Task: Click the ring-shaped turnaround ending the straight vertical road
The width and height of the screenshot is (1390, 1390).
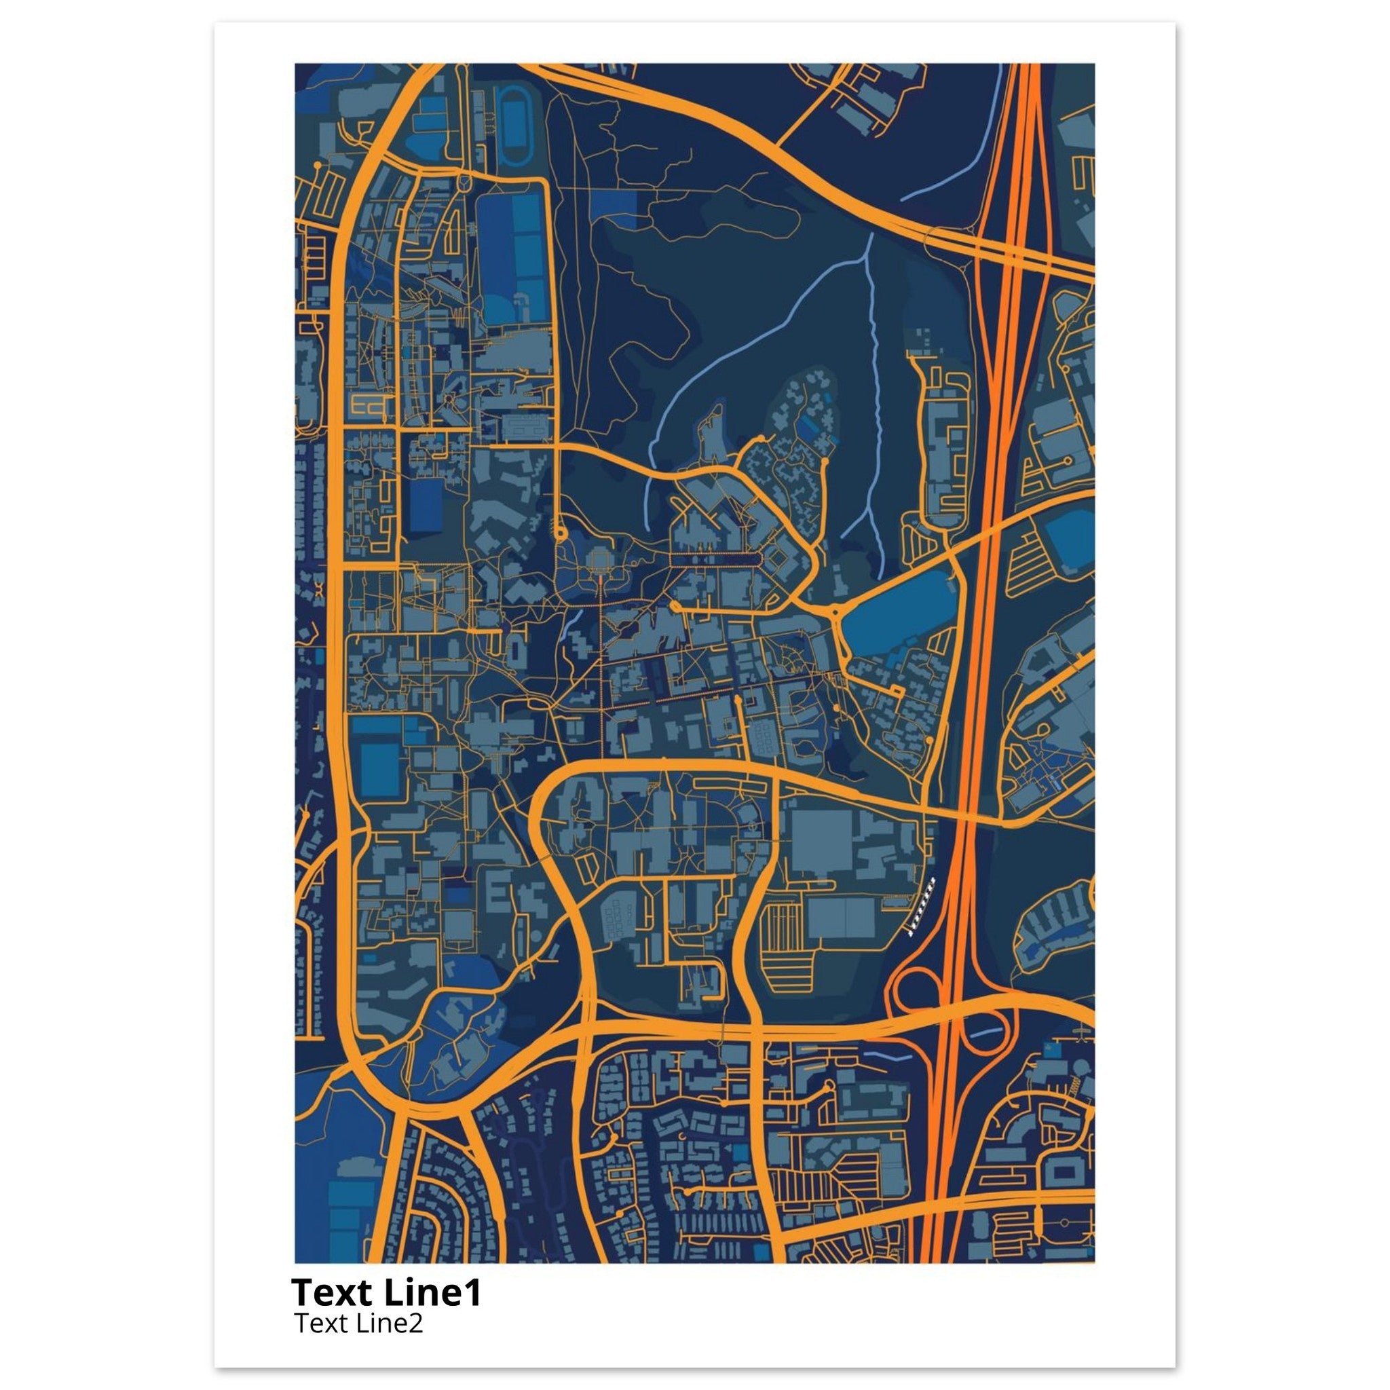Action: (x=560, y=533)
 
